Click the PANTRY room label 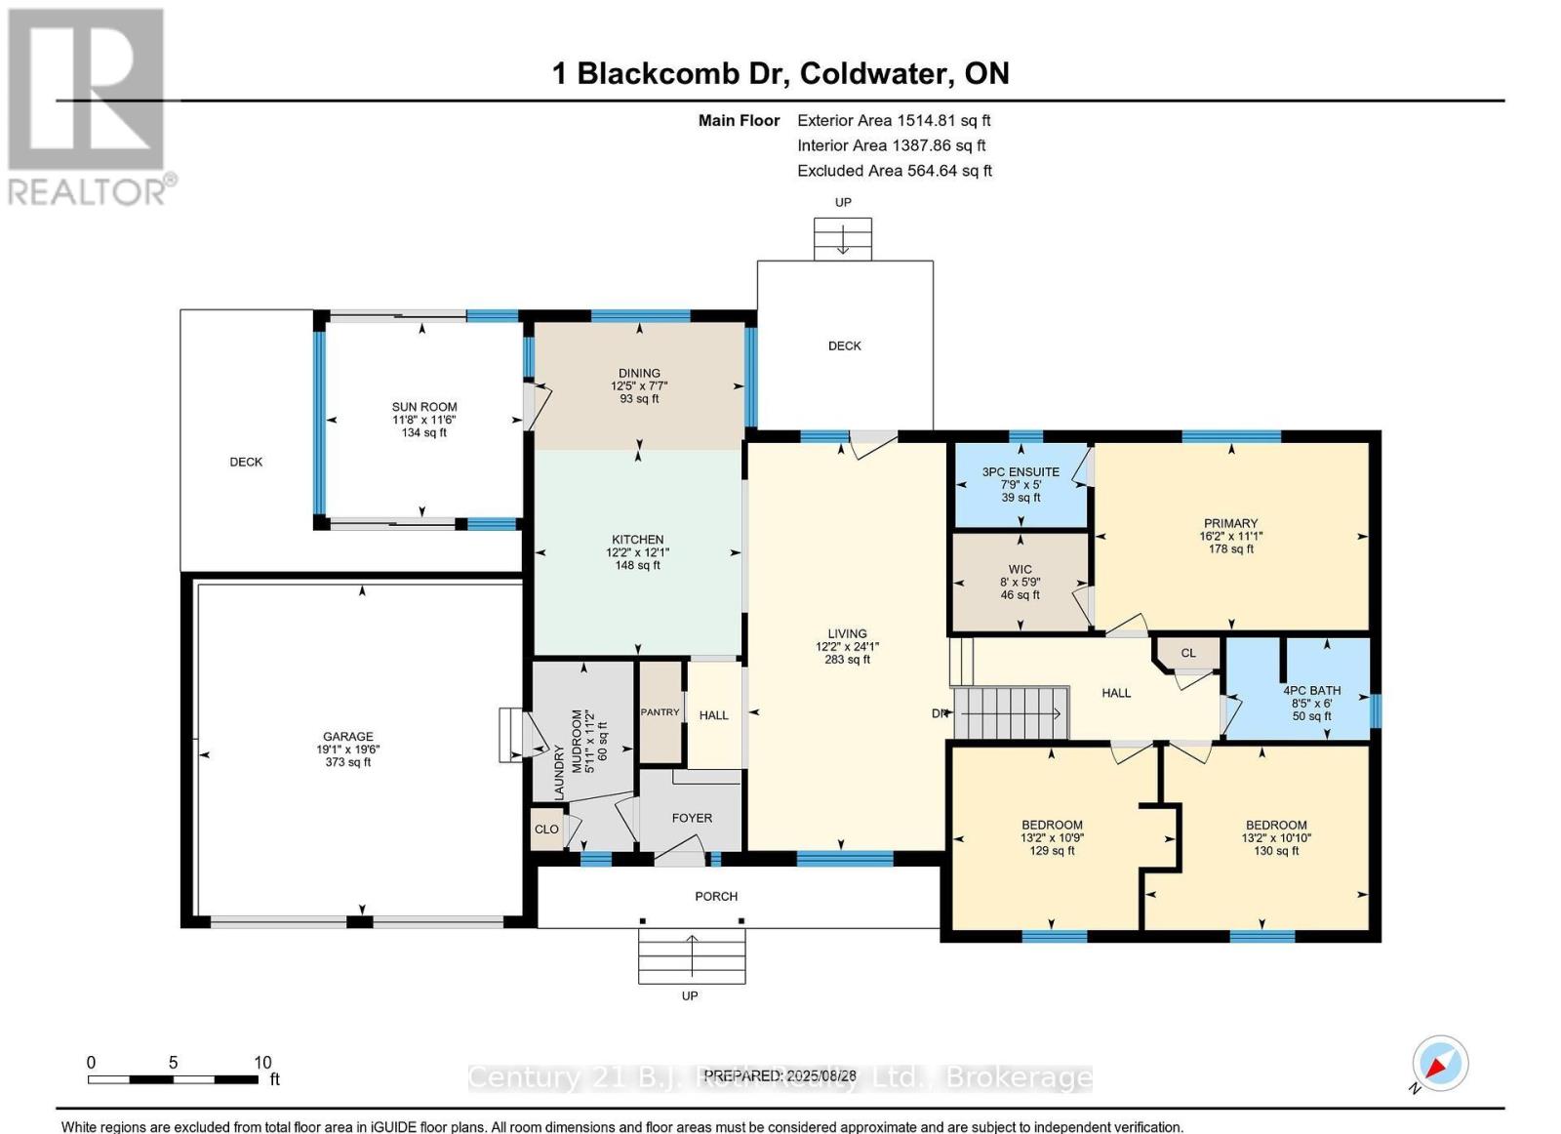[660, 712]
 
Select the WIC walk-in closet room [1020, 582]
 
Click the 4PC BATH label [1311, 691]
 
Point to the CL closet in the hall [1187, 653]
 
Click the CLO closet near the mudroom [546, 830]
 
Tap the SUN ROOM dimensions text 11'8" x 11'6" [423, 420]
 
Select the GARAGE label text [348, 737]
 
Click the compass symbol [1440, 1064]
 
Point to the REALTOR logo [88, 107]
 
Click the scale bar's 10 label [262, 1063]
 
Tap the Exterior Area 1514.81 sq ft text [894, 121]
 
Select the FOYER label [692, 818]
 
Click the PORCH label [716, 896]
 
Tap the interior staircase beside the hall [1010, 712]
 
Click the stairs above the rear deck [843, 239]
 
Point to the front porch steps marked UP [691, 956]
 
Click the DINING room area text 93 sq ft [639, 398]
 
